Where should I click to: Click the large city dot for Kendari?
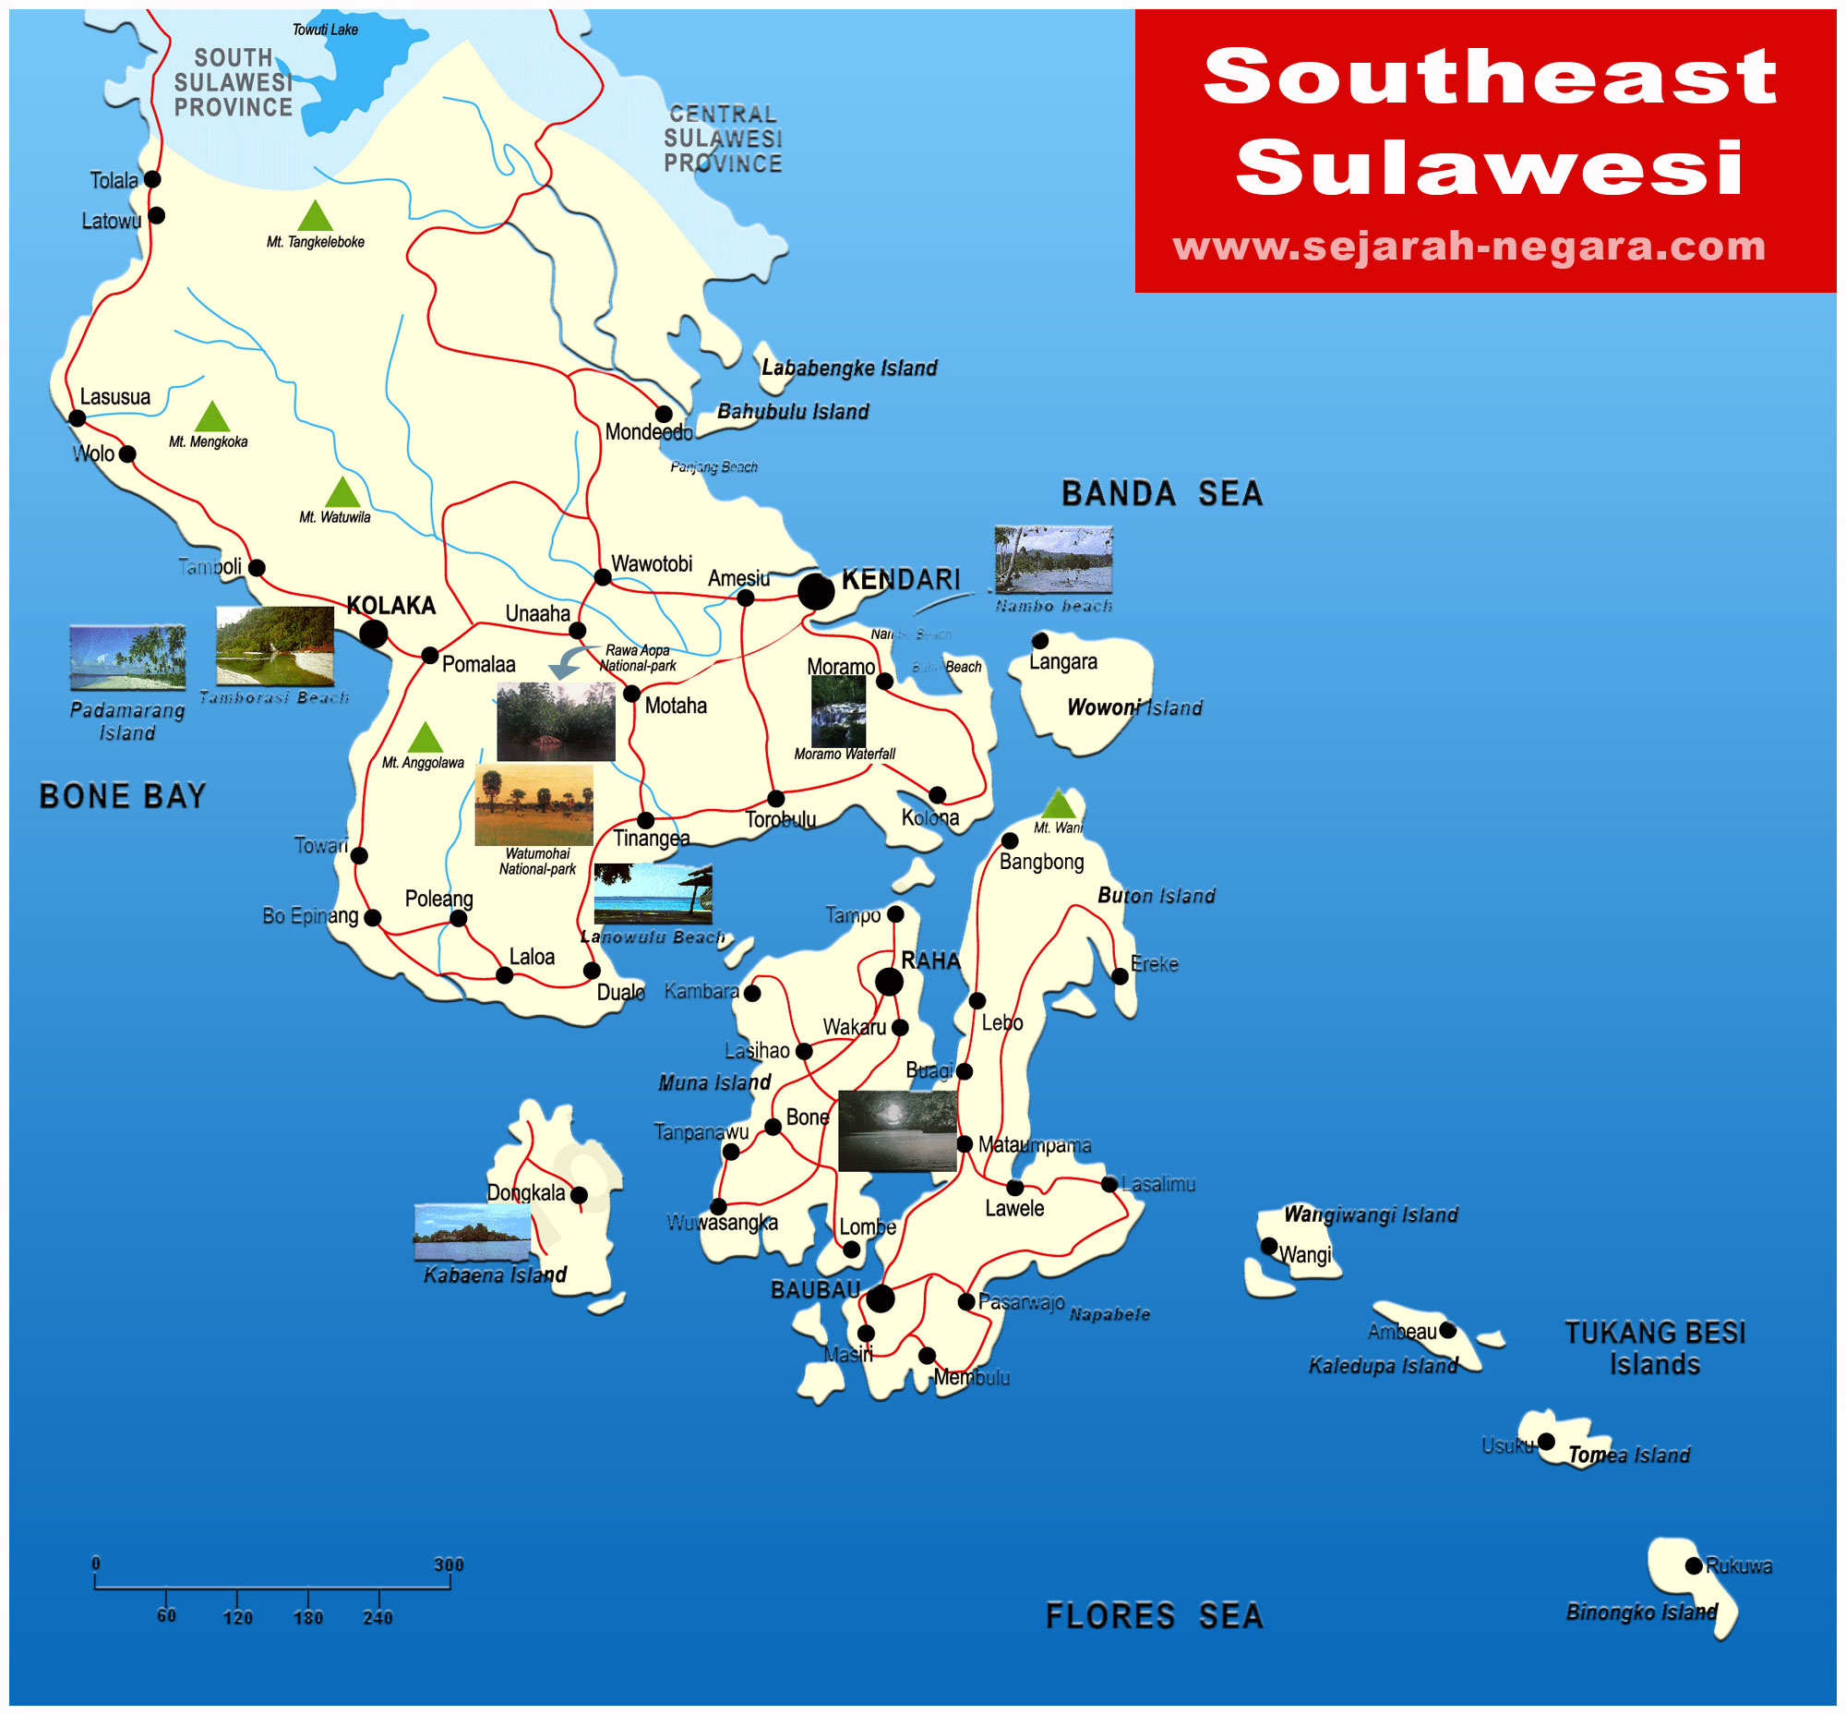[x=815, y=591]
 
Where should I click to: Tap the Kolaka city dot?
[x=373, y=634]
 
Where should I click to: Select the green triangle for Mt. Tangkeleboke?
[x=315, y=216]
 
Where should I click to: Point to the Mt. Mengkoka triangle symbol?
[x=211, y=417]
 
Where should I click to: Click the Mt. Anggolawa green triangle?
[x=425, y=738]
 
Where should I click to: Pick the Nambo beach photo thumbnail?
[x=1053, y=560]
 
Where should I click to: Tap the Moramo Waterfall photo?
[x=838, y=711]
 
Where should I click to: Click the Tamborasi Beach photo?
[x=274, y=645]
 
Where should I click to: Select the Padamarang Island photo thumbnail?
[x=127, y=657]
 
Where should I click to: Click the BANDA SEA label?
[x=1161, y=494]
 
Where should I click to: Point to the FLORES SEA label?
[x=1154, y=1615]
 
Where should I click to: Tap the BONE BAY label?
[x=123, y=796]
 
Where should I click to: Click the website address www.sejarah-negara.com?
[x=1468, y=247]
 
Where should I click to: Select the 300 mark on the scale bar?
[x=449, y=1564]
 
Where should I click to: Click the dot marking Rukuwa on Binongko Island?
[x=1693, y=1565]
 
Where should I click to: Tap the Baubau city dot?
[x=880, y=1298]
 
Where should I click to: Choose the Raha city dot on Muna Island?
[x=889, y=981]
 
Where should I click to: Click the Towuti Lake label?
[x=325, y=30]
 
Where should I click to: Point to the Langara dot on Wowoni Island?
[x=1040, y=640]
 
